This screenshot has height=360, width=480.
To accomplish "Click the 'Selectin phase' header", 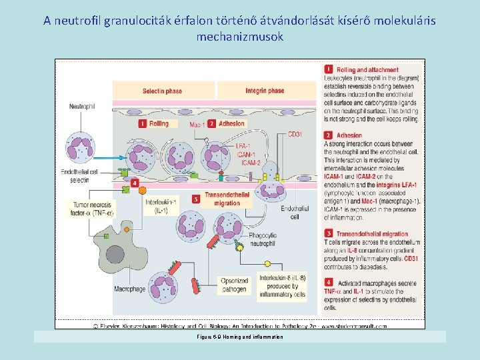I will [x=162, y=91].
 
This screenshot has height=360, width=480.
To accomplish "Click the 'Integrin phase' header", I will [x=265, y=91].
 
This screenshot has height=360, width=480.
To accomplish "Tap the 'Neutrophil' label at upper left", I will [x=82, y=106].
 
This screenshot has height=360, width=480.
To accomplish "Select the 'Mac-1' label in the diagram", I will [x=197, y=125].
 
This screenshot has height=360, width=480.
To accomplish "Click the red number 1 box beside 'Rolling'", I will [x=143, y=123].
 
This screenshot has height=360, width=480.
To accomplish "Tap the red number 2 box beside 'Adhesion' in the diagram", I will [x=211, y=123].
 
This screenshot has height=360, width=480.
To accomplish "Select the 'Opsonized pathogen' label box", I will [x=234, y=285].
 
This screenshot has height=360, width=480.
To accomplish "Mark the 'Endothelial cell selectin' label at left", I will [x=79, y=176].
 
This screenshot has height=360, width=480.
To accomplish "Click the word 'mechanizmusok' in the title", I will [x=240, y=37].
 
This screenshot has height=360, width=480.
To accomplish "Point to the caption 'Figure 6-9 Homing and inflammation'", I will [x=240, y=337].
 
